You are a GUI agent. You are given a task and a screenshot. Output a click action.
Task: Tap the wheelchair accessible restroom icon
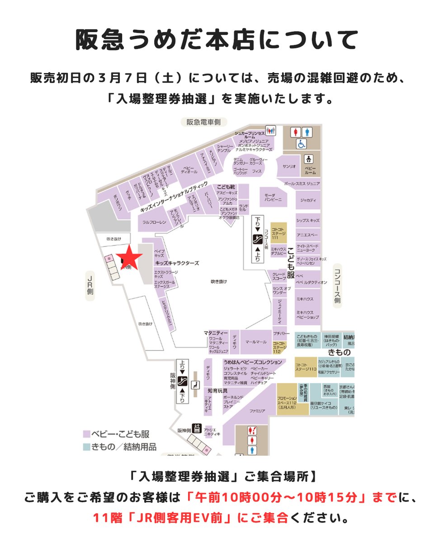(x=302, y=144)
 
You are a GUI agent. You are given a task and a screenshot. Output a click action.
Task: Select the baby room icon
(x=310, y=159)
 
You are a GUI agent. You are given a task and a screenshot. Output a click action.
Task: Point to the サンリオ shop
(x=289, y=166)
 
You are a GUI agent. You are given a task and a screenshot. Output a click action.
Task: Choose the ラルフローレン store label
(x=155, y=222)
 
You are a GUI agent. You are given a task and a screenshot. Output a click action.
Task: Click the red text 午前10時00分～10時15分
(x=278, y=498)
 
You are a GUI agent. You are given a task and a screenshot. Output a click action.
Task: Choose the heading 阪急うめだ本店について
(x=217, y=41)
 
